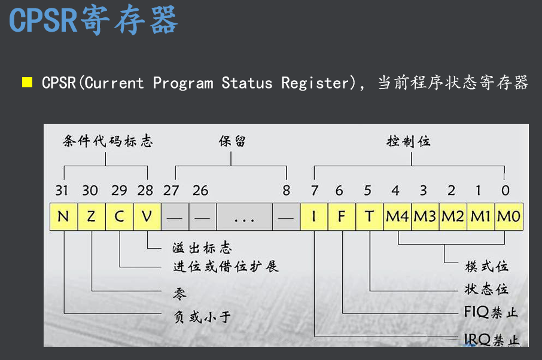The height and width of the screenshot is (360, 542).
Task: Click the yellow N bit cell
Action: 63,216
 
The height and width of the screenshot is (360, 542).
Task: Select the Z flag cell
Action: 91,216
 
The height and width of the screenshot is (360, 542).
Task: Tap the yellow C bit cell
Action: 119,216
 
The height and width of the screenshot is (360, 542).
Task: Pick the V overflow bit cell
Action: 147,216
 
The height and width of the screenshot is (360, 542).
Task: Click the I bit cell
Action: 313,216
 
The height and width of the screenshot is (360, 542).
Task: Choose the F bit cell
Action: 342,216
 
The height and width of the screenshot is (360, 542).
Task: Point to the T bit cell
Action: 370,216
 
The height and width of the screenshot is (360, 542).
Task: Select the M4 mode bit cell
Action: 397,216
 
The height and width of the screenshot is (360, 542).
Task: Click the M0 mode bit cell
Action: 509,216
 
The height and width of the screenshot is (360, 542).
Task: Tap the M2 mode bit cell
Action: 453,216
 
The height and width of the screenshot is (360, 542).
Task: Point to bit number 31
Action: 62,191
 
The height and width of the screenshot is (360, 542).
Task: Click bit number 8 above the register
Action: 287,191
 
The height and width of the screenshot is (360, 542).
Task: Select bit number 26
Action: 200,191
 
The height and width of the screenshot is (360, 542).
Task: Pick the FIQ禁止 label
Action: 491,312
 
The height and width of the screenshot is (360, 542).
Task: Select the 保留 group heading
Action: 232,142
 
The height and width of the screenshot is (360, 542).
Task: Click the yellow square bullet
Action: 27,82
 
